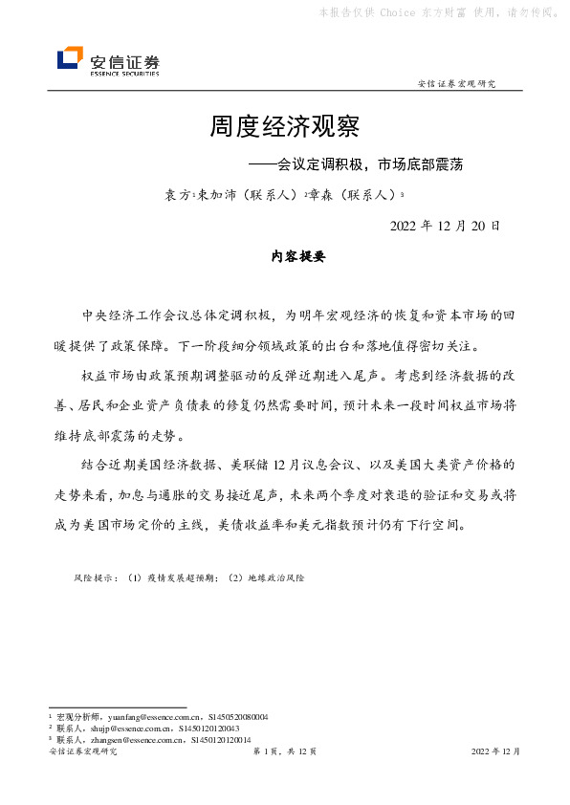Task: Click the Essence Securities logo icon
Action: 70,58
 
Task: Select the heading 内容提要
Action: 286,257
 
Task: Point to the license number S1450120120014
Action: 221,739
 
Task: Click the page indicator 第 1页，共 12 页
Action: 284,752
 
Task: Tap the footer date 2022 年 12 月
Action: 495,752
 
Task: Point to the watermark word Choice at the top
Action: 397,12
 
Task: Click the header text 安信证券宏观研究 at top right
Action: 457,84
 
